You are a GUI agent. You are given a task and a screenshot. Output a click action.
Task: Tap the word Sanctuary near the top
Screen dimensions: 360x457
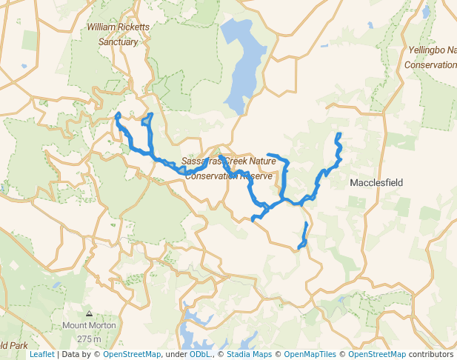tap(119, 42)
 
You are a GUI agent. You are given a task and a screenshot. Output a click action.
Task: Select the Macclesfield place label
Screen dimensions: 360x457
tap(376, 182)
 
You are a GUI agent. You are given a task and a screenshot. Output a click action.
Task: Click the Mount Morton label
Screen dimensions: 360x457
tap(88, 326)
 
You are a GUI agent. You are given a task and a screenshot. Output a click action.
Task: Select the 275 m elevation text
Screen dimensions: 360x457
tap(88, 339)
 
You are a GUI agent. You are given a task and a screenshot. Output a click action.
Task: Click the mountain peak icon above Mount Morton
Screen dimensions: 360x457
tap(89, 314)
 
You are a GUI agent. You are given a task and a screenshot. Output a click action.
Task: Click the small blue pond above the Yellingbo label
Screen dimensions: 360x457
tap(426, 12)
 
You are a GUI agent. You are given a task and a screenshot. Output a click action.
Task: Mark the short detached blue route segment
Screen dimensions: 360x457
tap(303, 236)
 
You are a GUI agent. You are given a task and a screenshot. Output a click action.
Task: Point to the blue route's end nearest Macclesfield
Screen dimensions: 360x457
tap(338, 135)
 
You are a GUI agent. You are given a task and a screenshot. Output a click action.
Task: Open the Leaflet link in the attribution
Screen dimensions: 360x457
tap(41, 355)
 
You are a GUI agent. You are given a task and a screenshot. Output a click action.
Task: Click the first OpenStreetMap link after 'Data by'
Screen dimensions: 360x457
tap(131, 355)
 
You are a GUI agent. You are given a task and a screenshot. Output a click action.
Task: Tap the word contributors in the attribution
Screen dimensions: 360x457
tap(431, 355)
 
